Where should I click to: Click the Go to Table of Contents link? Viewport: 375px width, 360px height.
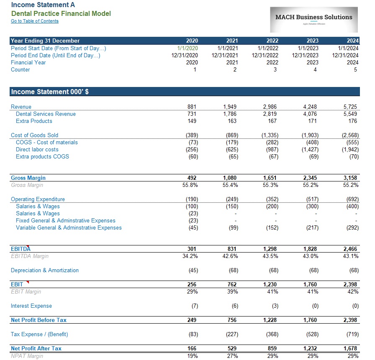[x=35, y=21]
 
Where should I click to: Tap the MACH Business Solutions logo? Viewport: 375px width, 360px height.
[x=314, y=20]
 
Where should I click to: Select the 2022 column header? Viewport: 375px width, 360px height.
[x=272, y=41]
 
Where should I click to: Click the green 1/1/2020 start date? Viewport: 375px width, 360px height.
[x=187, y=48]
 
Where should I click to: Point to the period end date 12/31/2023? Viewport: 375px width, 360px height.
[x=305, y=56]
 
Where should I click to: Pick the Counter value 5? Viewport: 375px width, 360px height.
[x=355, y=69]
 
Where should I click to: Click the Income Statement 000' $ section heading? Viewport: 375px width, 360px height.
[x=50, y=92]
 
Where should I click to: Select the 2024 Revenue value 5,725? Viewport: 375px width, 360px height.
[x=350, y=107]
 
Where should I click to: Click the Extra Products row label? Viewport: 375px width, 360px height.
[x=34, y=121]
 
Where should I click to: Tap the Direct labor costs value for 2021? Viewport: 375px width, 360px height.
[x=232, y=150]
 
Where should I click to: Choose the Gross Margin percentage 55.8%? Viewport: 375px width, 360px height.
[x=190, y=185]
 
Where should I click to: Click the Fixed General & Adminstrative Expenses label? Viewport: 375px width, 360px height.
[x=66, y=220]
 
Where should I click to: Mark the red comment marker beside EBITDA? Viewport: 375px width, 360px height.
[x=28, y=246]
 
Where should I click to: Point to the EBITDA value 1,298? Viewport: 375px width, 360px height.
[x=270, y=249]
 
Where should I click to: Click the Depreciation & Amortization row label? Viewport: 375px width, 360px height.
[x=45, y=271]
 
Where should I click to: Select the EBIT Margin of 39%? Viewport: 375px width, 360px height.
[x=232, y=292]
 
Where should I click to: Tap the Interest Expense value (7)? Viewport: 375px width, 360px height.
[x=195, y=306]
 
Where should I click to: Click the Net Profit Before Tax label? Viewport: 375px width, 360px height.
[x=39, y=320]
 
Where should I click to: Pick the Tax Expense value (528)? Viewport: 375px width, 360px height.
[x=312, y=334]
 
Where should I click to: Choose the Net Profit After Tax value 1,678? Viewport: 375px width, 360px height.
[x=350, y=349]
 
